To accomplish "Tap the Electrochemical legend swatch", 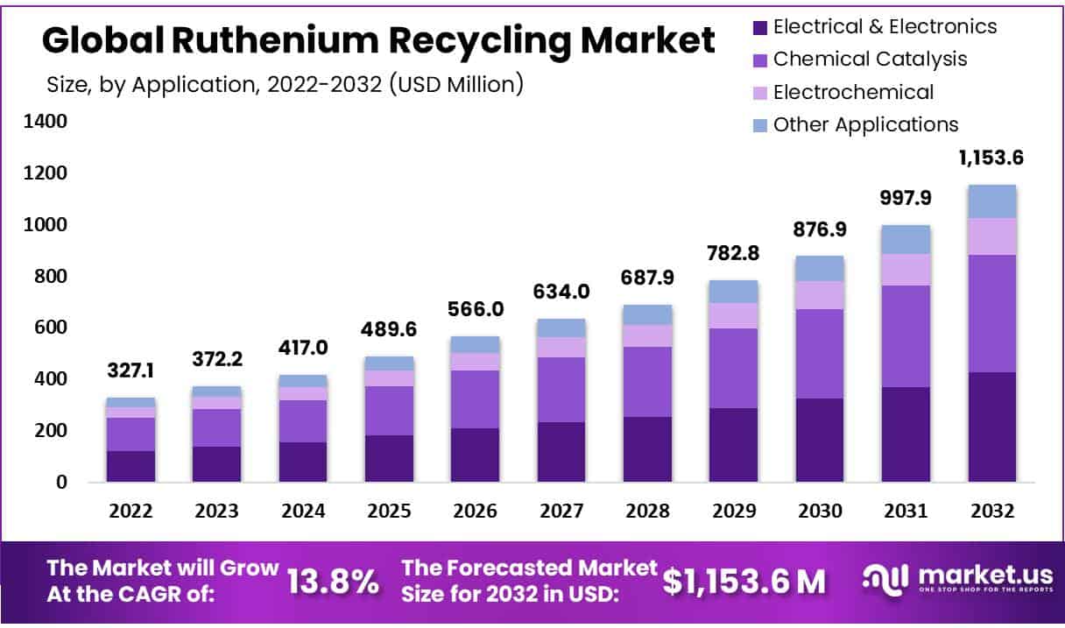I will [x=758, y=92].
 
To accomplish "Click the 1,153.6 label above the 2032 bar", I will [x=991, y=159].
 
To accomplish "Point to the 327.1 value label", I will [x=131, y=371].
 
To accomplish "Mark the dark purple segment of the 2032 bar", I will [x=991, y=427].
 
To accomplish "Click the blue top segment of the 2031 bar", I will [x=906, y=239].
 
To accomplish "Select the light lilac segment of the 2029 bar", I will [x=734, y=315].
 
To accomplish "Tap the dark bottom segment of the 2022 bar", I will [x=131, y=466].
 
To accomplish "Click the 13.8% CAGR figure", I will [x=334, y=581].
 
